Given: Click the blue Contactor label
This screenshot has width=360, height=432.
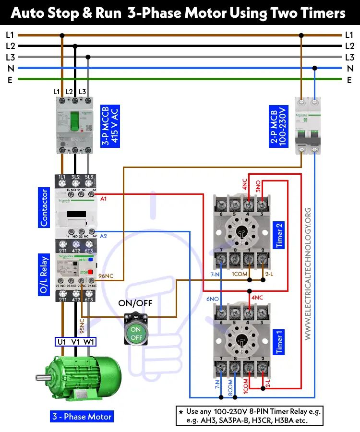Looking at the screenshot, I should coord(44,207).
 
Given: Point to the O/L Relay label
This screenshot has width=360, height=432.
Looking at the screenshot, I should coord(44,276).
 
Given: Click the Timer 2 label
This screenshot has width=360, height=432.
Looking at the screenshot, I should coord(279,236).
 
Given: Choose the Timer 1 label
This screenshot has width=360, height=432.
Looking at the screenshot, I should coord(279,341).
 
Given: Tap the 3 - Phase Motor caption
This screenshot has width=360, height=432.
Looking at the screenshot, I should coord(82,416).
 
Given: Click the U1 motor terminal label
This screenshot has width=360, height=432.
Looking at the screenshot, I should coord(62,342).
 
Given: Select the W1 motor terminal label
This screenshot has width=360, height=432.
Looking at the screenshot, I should coord(89,342).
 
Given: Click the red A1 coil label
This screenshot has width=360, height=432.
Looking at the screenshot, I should coord(104,198).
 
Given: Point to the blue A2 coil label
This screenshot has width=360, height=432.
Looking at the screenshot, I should coord(104,236).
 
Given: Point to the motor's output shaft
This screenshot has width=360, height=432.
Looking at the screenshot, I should coord(42,378).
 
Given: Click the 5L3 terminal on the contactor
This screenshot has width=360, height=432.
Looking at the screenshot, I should coord(88,178).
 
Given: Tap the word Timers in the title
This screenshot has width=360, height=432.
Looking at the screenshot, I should coord(323,13).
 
